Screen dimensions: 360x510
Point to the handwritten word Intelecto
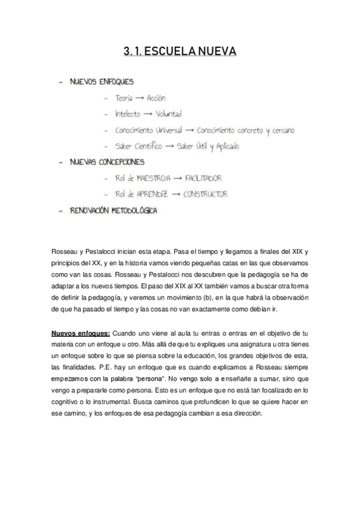tap(127, 113)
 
